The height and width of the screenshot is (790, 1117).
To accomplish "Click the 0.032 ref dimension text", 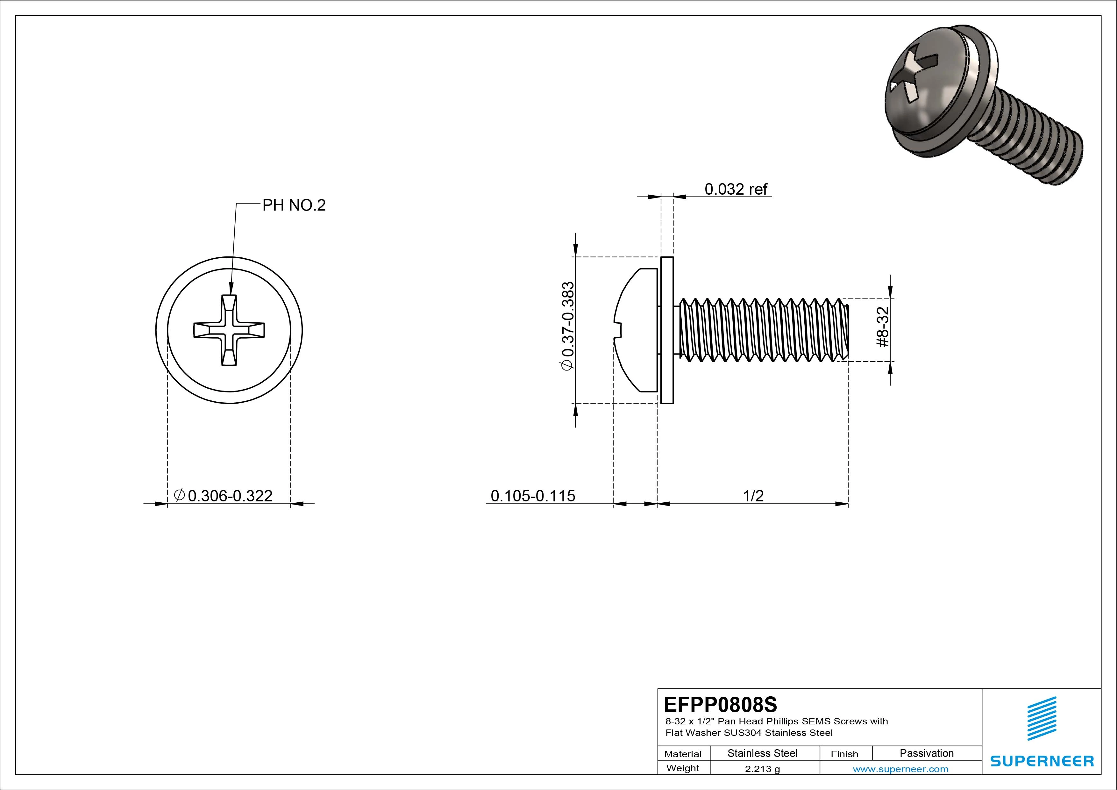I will tap(735, 189).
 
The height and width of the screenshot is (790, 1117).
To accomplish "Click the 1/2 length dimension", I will tap(753, 496).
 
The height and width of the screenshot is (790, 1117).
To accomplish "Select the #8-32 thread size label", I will tap(883, 327).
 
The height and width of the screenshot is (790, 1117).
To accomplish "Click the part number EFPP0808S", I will tap(720, 704).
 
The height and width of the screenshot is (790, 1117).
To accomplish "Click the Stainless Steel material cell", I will tap(762, 753).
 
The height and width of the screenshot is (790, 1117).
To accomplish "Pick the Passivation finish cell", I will tap(926, 753).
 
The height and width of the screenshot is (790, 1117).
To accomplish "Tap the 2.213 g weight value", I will tap(762, 769).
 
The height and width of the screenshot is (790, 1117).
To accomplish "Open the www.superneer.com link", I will tap(900, 769).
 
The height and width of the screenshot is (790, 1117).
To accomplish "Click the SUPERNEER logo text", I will tap(1042, 761).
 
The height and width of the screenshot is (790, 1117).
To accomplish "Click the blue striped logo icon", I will tap(1042, 718).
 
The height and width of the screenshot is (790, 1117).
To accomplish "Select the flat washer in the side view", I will tap(667, 330).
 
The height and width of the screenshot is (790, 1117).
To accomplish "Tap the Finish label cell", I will tap(844, 753).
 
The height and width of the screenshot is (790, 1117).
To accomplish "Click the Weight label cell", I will tap(683, 768).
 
